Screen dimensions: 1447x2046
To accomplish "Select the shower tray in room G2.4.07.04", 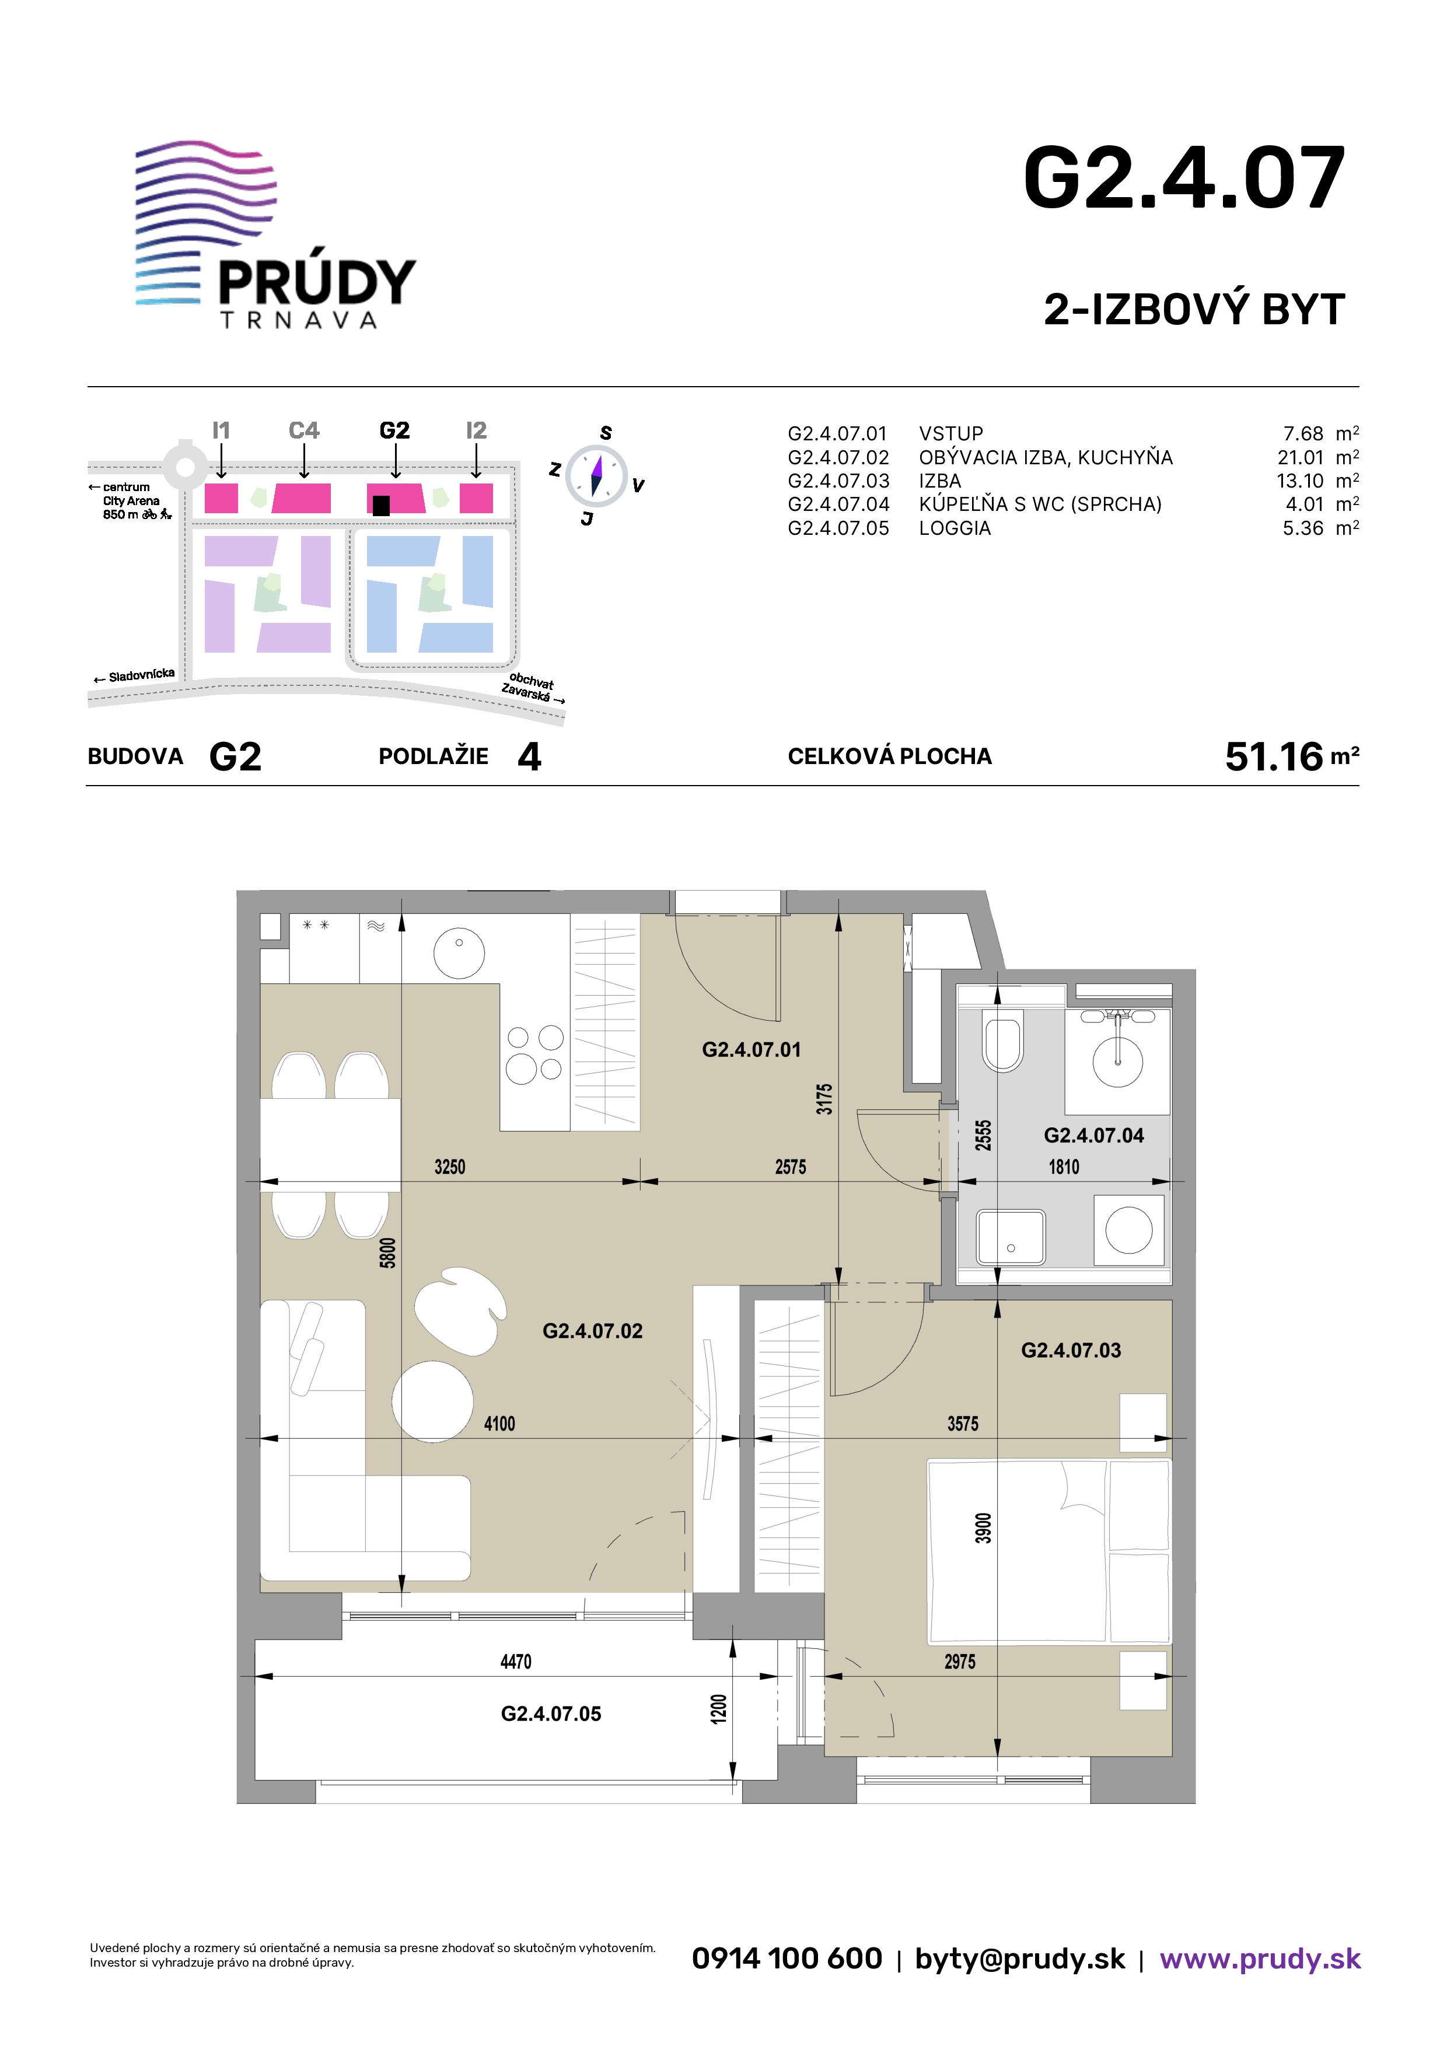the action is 1011,1237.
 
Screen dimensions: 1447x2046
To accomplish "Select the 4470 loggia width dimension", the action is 515,1662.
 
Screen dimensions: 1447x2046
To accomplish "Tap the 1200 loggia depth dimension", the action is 719,1708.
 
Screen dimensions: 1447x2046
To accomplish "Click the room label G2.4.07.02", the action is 593,1332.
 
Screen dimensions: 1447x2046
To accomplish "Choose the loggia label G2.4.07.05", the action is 551,1714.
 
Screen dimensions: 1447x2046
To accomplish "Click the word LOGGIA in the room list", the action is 955,528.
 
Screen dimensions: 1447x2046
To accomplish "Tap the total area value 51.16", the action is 1274,756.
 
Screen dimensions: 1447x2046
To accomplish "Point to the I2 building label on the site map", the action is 476,431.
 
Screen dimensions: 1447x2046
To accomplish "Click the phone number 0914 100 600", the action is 787,1958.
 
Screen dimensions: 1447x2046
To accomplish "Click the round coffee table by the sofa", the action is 432,1402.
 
